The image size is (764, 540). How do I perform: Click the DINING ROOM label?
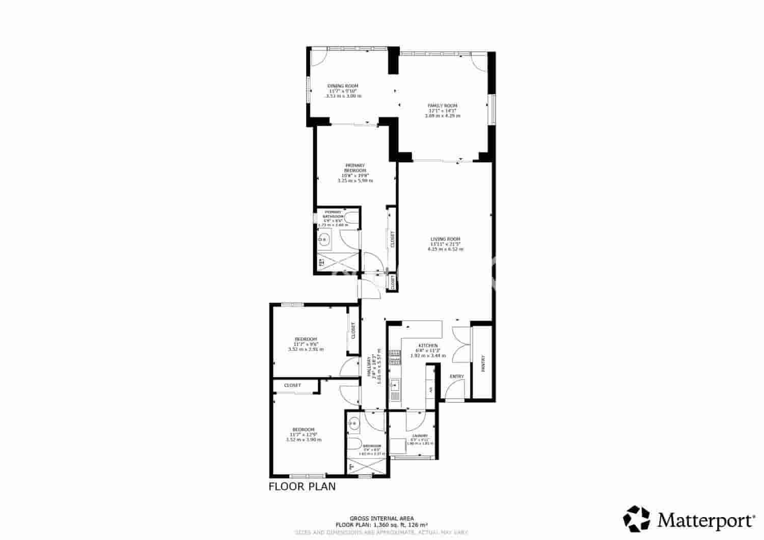(343, 86)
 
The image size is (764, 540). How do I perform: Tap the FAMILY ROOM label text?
(442, 105)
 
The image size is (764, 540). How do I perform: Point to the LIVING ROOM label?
(445, 239)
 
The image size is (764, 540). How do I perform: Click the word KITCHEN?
(428, 345)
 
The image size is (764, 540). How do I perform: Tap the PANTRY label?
(483, 363)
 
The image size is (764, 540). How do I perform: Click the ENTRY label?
(457, 377)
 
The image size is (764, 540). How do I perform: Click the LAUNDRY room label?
(420, 436)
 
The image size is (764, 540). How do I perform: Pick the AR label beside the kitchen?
(430, 390)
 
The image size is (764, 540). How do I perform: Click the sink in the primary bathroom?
(324, 239)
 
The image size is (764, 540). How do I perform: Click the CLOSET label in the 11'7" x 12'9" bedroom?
(292, 385)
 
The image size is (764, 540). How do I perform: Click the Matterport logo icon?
(637, 518)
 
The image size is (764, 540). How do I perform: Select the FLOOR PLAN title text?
(302, 486)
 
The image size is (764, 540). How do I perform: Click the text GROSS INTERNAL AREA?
(381, 519)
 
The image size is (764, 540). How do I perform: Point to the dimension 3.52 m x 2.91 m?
(306, 349)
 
